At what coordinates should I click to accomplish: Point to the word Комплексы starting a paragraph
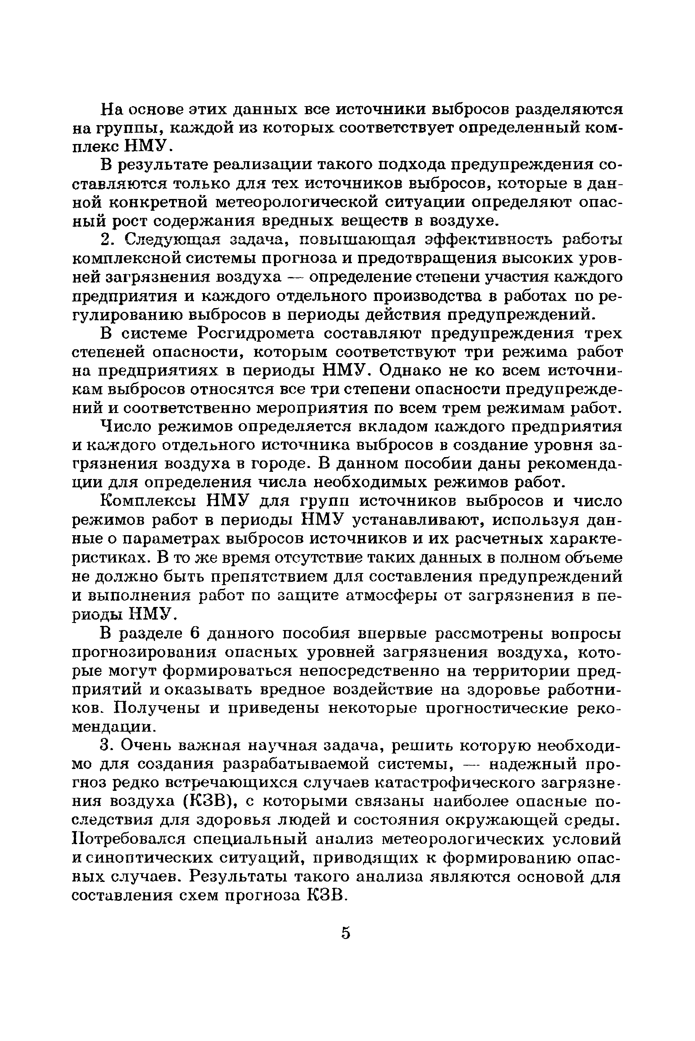tap(148, 501)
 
